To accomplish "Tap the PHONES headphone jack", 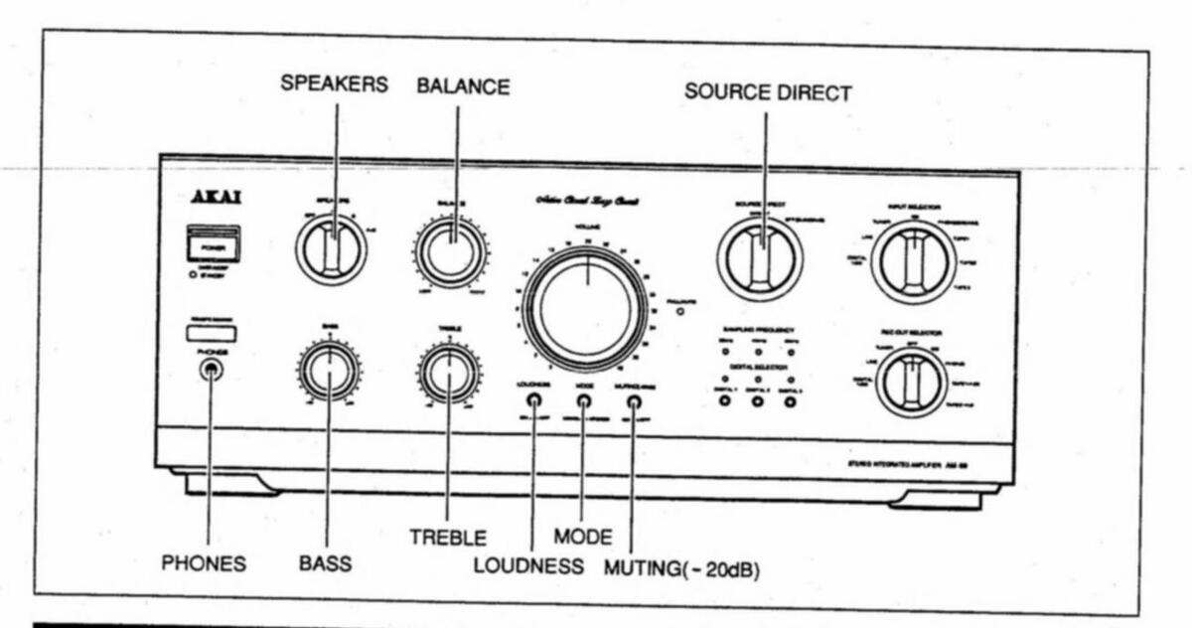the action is point(210,370).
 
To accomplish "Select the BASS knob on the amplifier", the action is point(328,370).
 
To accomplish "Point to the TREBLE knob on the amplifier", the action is point(449,372).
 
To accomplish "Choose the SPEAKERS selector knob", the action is point(331,246).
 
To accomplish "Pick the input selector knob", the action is point(914,261).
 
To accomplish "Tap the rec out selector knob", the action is point(911,382).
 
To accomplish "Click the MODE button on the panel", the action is point(584,401).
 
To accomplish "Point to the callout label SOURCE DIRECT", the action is point(768,92).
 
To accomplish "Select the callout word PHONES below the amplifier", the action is point(204,564).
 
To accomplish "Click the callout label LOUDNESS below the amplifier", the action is point(527,566).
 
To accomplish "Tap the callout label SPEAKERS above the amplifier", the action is point(334,84).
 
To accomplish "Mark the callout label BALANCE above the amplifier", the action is point(463,86).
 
